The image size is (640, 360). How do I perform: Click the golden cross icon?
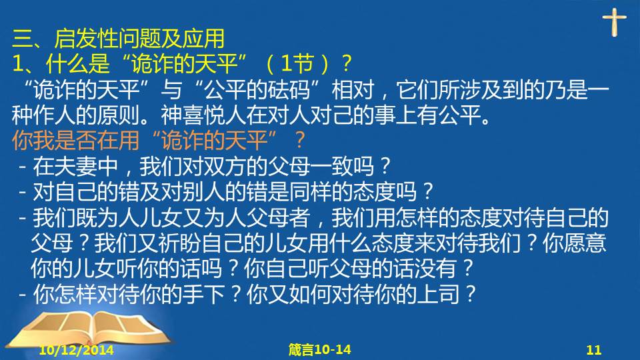coord(614,23)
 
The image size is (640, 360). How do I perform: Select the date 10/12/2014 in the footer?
coord(76,350)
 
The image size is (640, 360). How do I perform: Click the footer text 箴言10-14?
coord(319,349)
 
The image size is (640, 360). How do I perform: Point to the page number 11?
coord(594,350)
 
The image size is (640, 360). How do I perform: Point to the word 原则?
coord(119,115)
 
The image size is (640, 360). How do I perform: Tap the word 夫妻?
coord(76,166)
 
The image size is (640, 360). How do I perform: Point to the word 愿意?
coord(585,243)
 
